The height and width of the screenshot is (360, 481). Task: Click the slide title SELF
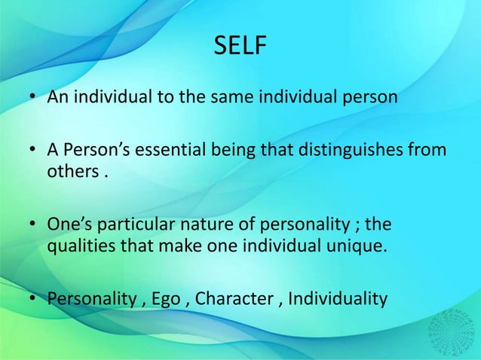point(240,47)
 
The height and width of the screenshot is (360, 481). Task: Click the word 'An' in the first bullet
point(58,98)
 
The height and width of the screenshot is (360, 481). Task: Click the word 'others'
point(72,169)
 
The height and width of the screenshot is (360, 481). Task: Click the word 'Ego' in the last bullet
point(165,300)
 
